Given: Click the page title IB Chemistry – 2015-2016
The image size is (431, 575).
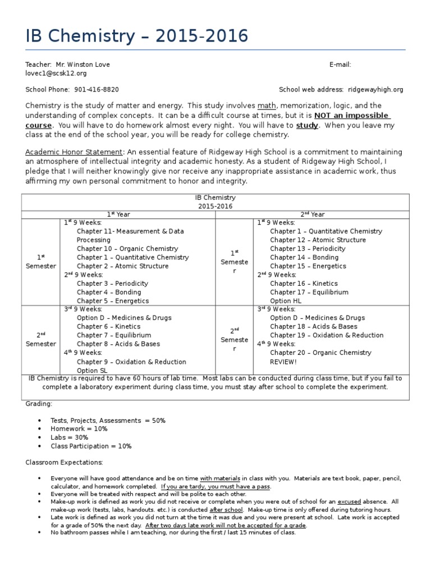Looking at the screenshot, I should (137, 36).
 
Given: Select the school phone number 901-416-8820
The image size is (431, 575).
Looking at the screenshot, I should (96, 89).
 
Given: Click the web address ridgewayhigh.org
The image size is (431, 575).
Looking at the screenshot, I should (375, 89).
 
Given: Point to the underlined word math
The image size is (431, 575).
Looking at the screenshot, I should (267, 106).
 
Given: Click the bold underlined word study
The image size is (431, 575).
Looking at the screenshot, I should (307, 126).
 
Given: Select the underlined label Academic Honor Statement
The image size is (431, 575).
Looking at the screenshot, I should (74, 152).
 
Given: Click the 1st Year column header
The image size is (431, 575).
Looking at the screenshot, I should (119, 214).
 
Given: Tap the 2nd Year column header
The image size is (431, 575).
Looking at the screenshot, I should (312, 214).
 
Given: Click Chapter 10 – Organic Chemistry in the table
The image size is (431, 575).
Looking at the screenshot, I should (127, 249).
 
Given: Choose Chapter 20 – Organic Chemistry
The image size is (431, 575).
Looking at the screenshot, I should (320, 353).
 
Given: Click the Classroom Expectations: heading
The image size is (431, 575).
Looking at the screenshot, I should (64, 462).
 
